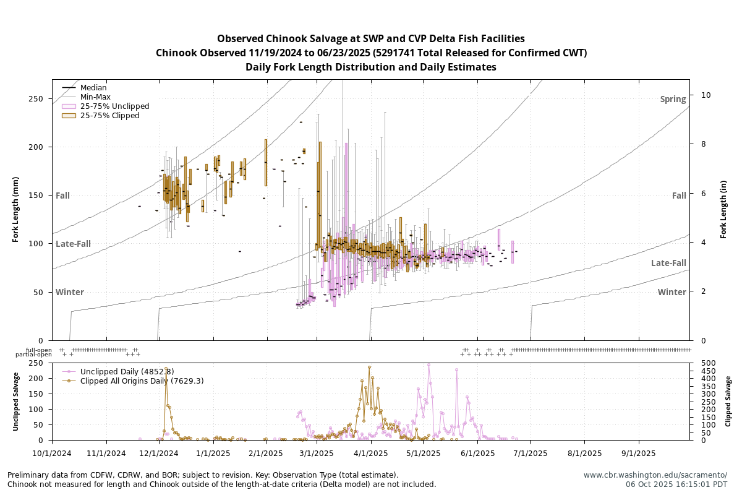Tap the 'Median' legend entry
[x=93, y=88]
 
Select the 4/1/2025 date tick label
[x=371, y=453]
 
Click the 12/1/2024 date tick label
[x=159, y=453]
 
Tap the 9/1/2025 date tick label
[x=639, y=453]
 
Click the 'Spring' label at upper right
[x=673, y=100]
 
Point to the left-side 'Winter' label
[x=69, y=292]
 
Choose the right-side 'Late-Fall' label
[x=668, y=264]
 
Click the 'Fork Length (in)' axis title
[x=723, y=210]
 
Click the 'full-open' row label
[x=39, y=350]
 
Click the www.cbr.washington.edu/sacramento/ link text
[x=655, y=475]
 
